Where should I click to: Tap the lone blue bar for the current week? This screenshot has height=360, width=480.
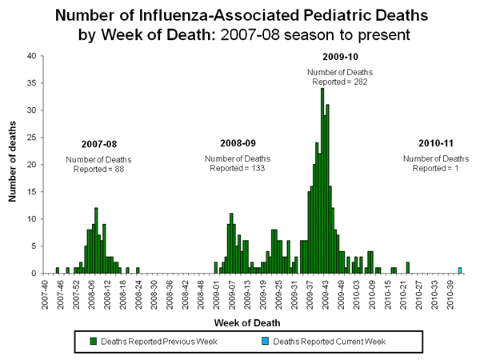click(x=460, y=270)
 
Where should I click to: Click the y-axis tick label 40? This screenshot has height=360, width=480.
click(x=30, y=56)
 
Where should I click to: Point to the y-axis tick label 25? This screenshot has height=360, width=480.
click(x=30, y=138)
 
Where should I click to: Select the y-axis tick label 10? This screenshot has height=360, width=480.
click(x=30, y=219)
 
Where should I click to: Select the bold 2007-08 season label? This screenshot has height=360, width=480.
click(x=98, y=145)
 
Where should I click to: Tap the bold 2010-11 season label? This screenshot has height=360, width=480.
click(x=436, y=143)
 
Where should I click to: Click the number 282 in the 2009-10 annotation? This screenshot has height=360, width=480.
click(x=353, y=82)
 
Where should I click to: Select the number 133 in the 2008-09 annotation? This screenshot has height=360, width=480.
click(x=253, y=168)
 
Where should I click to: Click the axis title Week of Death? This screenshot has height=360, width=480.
click(x=246, y=322)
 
